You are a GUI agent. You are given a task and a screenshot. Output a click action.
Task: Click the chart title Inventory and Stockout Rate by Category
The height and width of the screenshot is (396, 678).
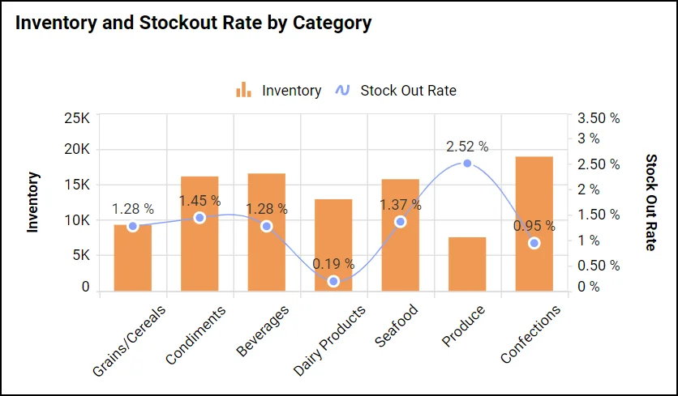193,23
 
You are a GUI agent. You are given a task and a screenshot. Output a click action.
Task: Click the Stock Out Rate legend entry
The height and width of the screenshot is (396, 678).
397,91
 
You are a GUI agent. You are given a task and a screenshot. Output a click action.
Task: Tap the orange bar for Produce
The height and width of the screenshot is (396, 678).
467,264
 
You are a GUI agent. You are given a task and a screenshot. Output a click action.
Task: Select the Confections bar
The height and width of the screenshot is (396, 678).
534,224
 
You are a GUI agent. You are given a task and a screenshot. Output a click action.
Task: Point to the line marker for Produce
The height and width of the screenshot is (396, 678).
467,164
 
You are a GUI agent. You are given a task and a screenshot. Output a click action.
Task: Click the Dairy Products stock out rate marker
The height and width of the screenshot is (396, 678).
333,281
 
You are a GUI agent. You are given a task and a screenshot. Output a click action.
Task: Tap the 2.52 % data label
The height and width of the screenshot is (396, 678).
467,147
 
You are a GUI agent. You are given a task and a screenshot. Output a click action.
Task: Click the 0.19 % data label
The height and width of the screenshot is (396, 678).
333,264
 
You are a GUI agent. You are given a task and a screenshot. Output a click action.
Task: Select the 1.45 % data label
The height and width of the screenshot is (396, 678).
200,200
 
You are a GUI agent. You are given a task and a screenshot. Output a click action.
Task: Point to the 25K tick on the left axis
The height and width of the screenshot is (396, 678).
77,118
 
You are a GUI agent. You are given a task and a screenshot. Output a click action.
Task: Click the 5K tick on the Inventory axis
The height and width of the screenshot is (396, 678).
79,255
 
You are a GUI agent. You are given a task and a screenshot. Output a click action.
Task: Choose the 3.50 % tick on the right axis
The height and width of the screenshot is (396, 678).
599,118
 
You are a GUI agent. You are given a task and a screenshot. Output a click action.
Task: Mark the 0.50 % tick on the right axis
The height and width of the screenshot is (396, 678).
599,266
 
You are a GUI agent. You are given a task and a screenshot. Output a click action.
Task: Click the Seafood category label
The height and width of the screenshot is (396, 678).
397,326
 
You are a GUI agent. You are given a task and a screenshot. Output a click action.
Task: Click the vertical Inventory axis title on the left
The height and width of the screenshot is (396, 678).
33,202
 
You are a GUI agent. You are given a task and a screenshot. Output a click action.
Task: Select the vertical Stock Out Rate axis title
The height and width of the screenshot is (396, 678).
650,202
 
